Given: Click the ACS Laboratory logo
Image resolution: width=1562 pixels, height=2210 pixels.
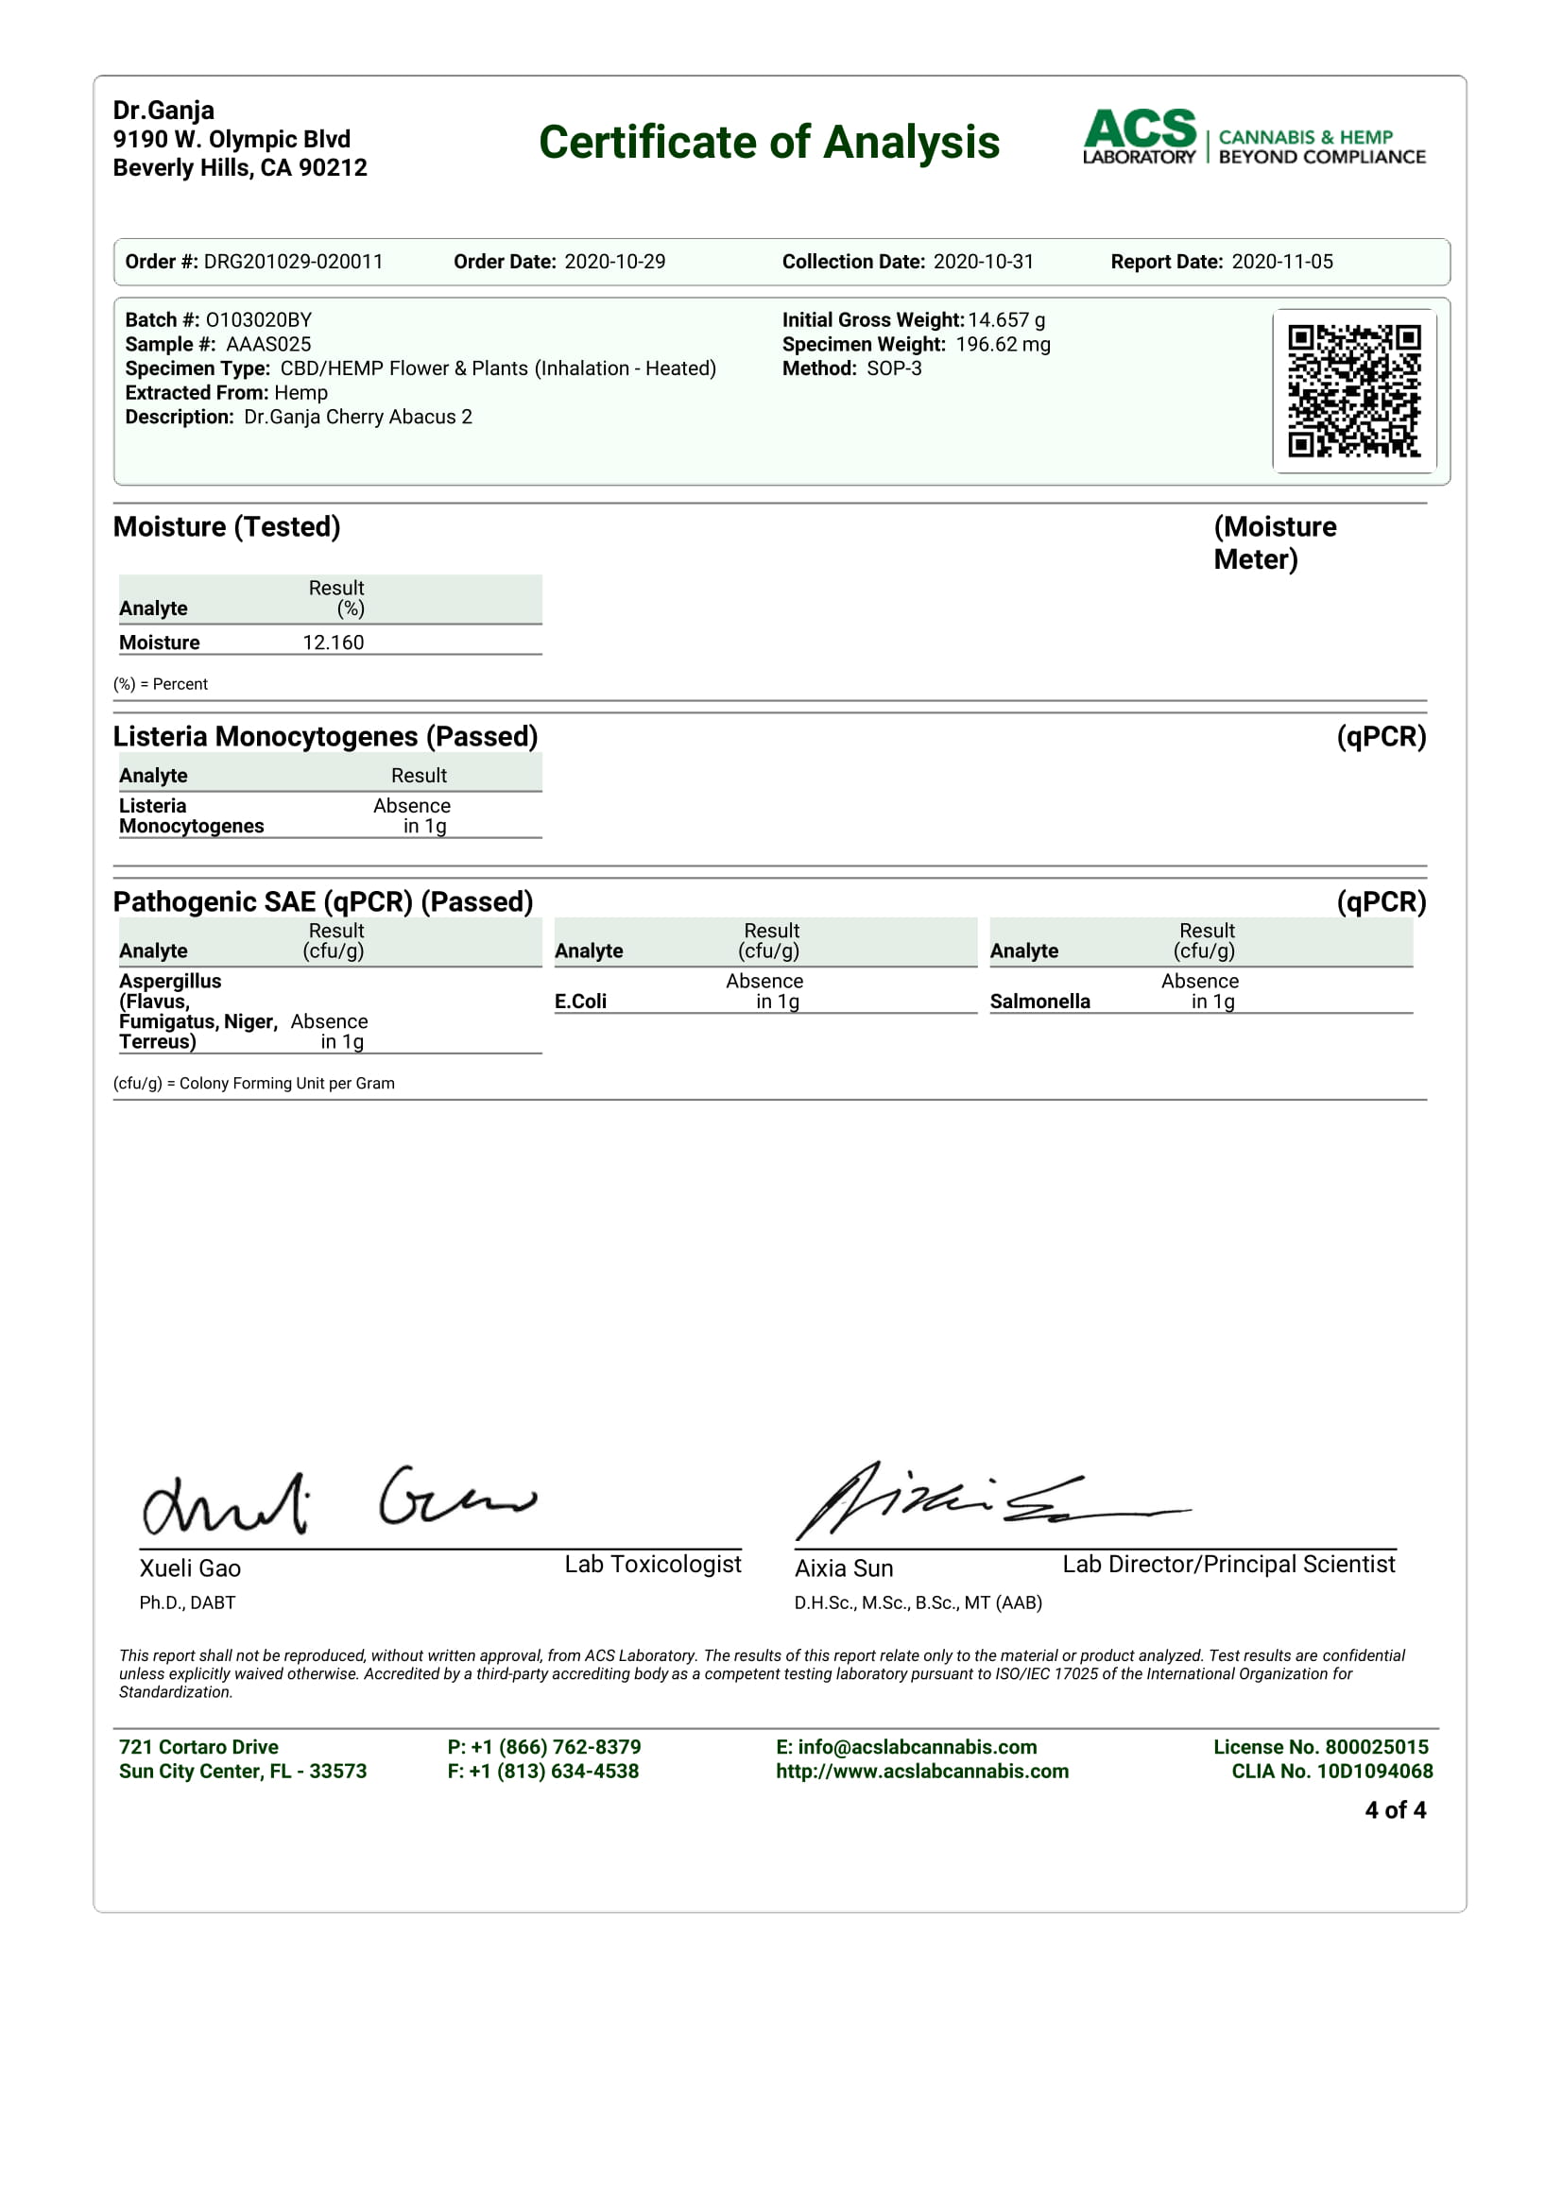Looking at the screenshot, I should [x=1253, y=138].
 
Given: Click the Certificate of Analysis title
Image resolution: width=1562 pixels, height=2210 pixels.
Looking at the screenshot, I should [x=768, y=143].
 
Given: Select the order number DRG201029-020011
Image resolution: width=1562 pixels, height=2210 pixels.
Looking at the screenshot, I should [x=293, y=262].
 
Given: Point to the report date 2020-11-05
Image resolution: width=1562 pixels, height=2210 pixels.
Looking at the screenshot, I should [x=1282, y=262].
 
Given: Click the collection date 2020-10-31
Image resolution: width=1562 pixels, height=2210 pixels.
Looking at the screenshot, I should [x=983, y=262].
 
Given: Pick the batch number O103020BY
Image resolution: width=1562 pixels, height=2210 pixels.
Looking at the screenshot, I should [x=258, y=319].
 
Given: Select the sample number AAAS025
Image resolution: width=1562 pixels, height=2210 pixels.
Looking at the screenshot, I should [x=268, y=344].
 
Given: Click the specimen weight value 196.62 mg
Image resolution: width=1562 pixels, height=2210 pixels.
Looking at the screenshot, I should [x=1002, y=344].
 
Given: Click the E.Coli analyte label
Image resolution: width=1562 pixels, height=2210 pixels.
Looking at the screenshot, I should [x=580, y=1001].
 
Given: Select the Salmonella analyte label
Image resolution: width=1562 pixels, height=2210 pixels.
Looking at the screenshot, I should [x=1039, y=1001].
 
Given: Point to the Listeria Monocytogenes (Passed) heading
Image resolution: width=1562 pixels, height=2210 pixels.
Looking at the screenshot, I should [x=325, y=736].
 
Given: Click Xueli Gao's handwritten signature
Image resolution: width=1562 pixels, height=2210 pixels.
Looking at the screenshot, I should [x=336, y=1500].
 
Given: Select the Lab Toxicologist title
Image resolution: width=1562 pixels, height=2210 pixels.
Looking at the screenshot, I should [x=653, y=1564].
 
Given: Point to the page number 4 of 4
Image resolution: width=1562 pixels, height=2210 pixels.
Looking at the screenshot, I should [x=1395, y=1810].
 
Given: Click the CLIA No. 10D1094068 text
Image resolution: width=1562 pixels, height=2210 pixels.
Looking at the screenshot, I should [x=1332, y=1771].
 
